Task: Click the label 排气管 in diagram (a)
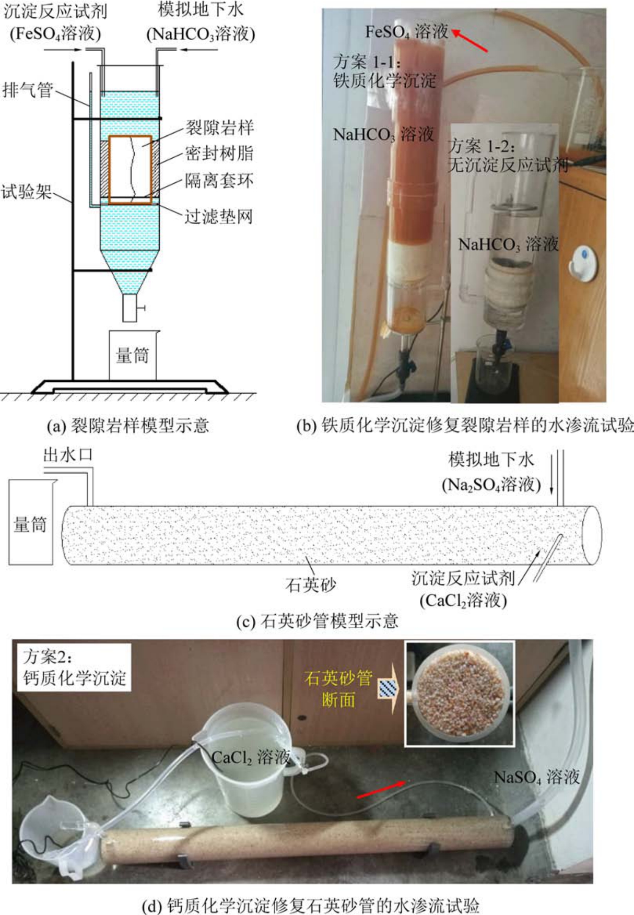pyautogui.click(x=28, y=90)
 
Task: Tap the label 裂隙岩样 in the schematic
pyautogui.click(x=220, y=128)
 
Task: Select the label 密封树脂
pyautogui.click(x=219, y=153)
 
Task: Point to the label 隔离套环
pyautogui.click(x=219, y=181)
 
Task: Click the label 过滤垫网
pyautogui.click(x=219, y=216)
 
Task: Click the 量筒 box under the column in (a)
pyautogui.click(x=133, y=355)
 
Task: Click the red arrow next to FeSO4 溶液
pyautogui.click(x=469, y=41)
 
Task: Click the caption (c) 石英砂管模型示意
pyautogui.click(x=317, y=621)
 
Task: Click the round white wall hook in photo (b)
pyautogui.click(x=584, y=261)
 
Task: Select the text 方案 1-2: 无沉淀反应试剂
pyautogui.click(x=508, y=155)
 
